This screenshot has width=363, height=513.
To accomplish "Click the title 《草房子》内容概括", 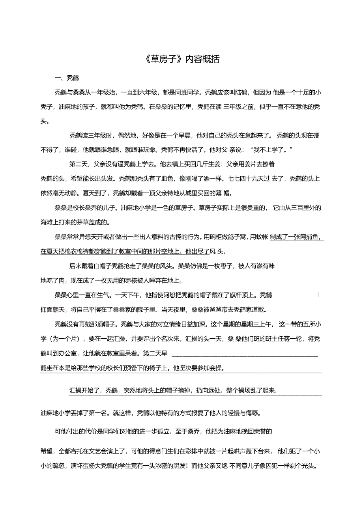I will [x=181, y=60].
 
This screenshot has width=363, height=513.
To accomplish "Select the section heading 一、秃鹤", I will [x=67, y=78].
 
